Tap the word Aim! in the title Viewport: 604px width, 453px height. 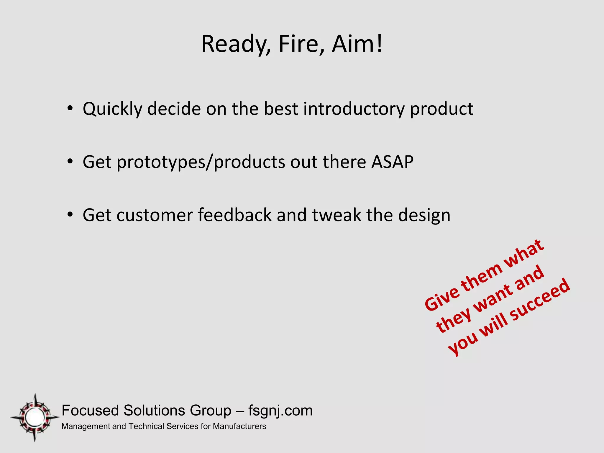(357, 44)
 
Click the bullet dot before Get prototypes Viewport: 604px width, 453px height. (70, 162)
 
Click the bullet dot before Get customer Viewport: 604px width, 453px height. (70, 215)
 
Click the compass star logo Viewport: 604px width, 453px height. (35, 417)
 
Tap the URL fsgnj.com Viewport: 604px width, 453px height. (280, 411)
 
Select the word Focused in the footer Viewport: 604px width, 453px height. (91, 411)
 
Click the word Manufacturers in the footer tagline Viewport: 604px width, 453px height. (239, 426)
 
